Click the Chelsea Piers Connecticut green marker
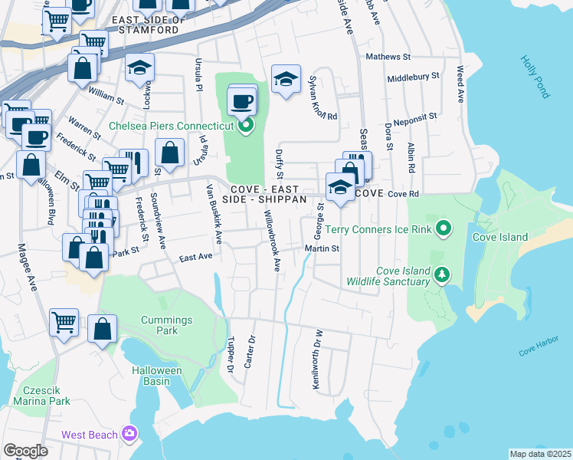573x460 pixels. click(x=245, y=127)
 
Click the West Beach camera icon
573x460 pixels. click(x=129, y=435)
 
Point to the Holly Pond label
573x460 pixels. click(x=535, y=77)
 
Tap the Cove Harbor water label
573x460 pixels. click(x=539, y=350)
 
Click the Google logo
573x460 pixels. click(x=25, y=451)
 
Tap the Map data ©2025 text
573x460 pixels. click(x=540, y=454)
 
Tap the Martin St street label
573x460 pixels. click(x=322, y=248)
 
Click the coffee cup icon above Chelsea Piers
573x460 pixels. click(x=243, y=100)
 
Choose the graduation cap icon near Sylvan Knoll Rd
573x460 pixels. click(x=286, y=80)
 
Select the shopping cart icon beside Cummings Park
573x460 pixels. click(x=64, y=321)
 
